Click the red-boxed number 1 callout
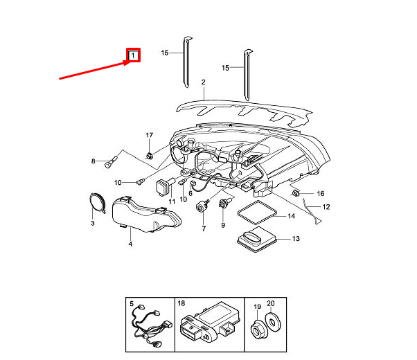tap(133, 55)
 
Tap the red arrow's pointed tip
tap(127, 62)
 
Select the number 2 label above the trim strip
tap(204, 82)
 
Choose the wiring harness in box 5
tap(148, 325)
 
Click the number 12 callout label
tap(325, 207)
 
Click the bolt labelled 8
tap(109, 164)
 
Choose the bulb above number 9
tap(224, 203)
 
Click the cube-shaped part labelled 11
tap(165, 186)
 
